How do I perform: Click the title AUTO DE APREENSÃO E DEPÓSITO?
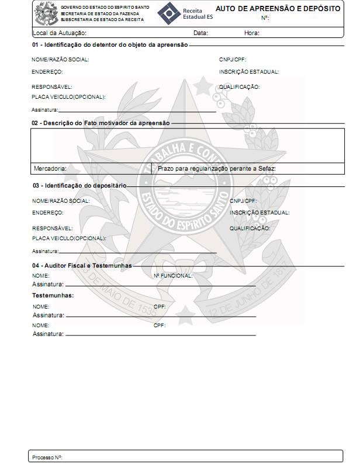tap(278, 9)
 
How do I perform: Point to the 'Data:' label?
tap(200, 33)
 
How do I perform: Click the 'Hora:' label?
tap(252, 33)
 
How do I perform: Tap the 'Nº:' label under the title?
tap(265, 18)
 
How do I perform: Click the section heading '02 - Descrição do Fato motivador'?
tap(101, 123)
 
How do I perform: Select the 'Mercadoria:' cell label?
tap(50, 168)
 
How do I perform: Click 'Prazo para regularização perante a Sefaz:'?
tap(217, 168)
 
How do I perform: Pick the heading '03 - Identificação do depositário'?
tap(79, 186)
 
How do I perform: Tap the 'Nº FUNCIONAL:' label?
tap(173, 275)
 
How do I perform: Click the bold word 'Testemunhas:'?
tap(53, 296)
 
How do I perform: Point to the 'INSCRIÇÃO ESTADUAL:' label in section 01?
tap(249, 72)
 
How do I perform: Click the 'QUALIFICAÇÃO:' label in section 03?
tap(250, 228)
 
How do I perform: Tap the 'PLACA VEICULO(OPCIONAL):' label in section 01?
tap(68, 97)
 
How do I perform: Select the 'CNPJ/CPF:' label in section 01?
tap(233, 60)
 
